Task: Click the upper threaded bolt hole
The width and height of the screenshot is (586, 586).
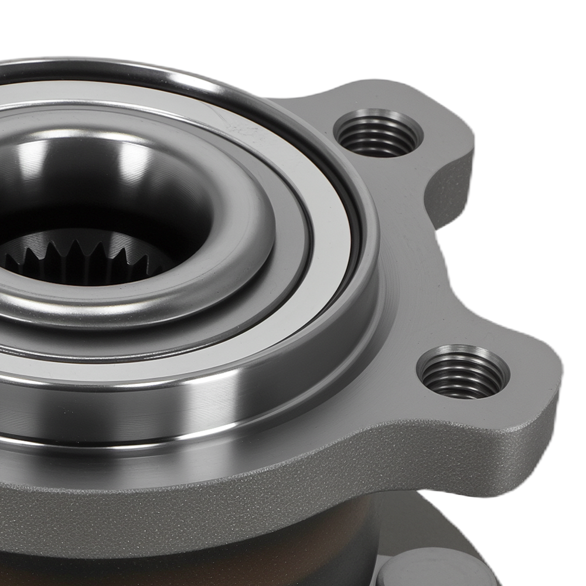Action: click(379, 134)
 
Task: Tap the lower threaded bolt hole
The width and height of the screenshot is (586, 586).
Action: click(463, 373)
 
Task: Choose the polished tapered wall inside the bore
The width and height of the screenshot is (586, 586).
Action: click(117, 176)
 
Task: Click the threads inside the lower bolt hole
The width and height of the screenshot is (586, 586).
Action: click(463, 378)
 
